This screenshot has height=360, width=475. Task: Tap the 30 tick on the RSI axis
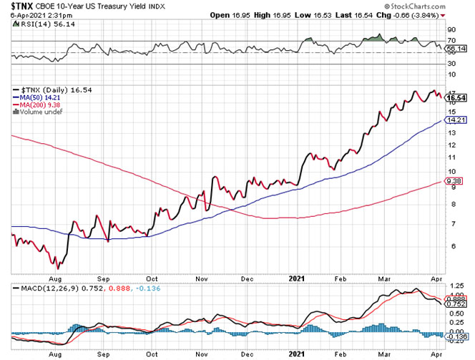[x=451, y=64]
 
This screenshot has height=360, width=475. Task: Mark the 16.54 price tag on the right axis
[x=456, y=97]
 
